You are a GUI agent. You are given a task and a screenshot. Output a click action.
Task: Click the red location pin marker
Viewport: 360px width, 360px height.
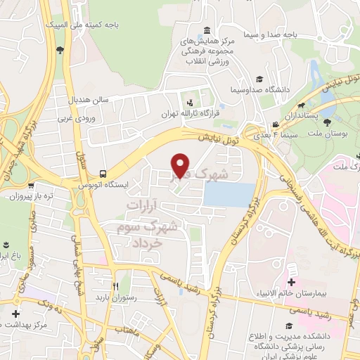pyautogui.click(x=181, y=165)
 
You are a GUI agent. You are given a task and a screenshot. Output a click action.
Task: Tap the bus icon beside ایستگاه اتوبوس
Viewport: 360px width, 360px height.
pyautogui.click(x=104, y=173)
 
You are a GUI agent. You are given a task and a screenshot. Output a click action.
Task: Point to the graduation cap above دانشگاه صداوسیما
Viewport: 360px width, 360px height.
pyautogui.click(x=259, y=79)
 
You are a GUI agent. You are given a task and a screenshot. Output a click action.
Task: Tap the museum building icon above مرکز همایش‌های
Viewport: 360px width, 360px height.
pyautogui.click(x=206, y=30)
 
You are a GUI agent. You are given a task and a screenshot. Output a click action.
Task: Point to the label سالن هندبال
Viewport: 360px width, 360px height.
pyautogui.click(x=89, y=100)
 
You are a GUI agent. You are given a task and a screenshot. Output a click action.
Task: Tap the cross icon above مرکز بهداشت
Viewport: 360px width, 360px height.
pyautogui.click(x=15, y=313)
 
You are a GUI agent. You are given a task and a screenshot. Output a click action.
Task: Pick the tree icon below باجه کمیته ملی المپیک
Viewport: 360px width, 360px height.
pyautogui.click(x=60, y=50)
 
